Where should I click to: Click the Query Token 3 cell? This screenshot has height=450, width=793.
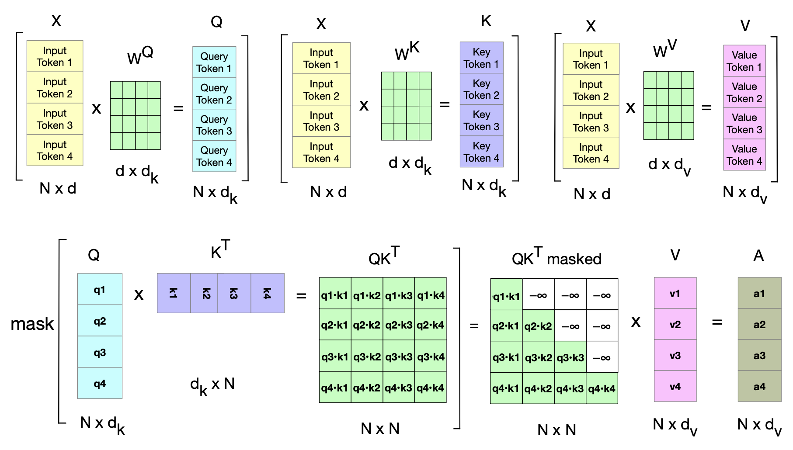[214, 125]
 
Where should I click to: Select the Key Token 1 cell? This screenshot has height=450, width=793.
[481, 58]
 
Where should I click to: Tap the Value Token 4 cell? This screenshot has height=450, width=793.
[744, 155]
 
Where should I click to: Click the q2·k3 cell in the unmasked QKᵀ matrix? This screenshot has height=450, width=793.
[399, 325]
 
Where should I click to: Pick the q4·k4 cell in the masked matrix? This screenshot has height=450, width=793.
[602, 388]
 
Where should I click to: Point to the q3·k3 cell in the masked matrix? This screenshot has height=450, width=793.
[570, 357]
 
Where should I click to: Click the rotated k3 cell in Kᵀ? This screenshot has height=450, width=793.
[234, 293]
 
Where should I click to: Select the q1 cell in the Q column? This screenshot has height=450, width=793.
[100, 290]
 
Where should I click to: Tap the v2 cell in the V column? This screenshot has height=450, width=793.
[675, 325]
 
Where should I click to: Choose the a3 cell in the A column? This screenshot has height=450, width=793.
[759, 356]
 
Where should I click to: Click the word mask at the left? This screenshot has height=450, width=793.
[32, 324]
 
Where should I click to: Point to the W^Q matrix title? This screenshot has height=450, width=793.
[140, 55]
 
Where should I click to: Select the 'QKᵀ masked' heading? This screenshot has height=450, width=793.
[556, 258]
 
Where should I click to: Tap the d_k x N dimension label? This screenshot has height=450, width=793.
[212, 385]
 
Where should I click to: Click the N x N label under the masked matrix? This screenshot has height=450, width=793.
[556, 430]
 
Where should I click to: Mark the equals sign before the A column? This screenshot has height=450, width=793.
[717, 322]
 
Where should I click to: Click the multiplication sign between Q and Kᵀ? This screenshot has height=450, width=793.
[139, 295]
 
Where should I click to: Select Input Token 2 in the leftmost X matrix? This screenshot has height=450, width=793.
[55, 88]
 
